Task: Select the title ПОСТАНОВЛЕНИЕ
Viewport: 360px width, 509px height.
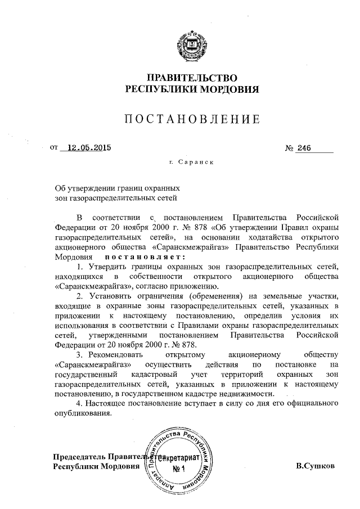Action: point(191,119)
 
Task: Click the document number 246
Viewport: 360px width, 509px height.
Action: point(304,148)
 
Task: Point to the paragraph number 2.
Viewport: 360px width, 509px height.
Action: point(80,296)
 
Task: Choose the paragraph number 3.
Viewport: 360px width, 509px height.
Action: point(80,354)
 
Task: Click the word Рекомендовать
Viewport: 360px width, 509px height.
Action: point(115,354)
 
